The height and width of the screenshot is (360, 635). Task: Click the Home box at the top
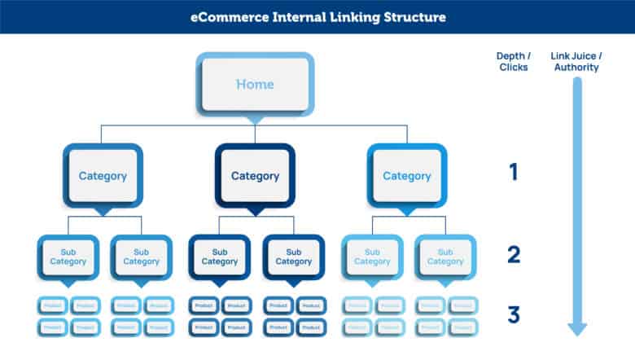pyautogui.click(x=255, y=84)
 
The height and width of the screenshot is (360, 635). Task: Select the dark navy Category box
pyautogui.click(x=255, y=175)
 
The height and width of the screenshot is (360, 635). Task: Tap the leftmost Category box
pyautogui.click(x=103, y=175)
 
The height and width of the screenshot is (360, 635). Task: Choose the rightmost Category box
pyautogui.click(x=406, y=175)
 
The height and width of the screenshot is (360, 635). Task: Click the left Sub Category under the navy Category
pyautogui.click(x=219, y=257)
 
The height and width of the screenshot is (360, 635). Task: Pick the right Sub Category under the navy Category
pyautogui.click(x=293, y=257)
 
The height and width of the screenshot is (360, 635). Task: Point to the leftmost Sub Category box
pyautogui.click(x=68, y=257)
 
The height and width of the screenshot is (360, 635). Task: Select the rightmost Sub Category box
pyautogui.click(x=445, y=257)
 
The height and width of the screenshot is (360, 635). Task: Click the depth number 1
pyautogui.click(x=513, y=173)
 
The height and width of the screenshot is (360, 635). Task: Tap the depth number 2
pyautogui.click(x=513, y=255)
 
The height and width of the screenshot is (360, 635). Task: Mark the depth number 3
pyautogui.click(x=513, y=314)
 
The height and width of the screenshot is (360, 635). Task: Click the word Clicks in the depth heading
pyautogui.click(x=513, y=68)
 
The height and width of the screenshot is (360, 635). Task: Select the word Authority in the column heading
pyautogui.click(x=577, y=68)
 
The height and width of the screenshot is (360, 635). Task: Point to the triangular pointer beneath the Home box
pyautogui.click(x=255, y=119)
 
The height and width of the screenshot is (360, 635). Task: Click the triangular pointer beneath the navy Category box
pyautogui.click(x=255, y=211)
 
